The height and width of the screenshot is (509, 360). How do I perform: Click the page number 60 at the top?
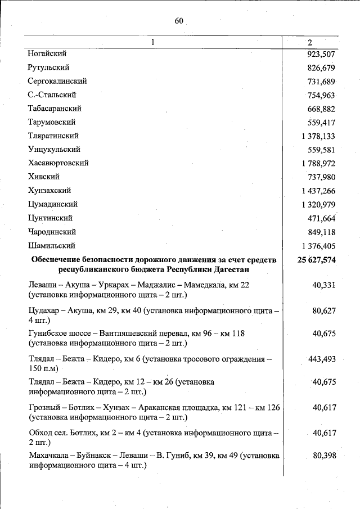point(179,21)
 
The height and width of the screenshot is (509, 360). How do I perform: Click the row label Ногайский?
point(47,54)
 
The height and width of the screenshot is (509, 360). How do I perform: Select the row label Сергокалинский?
point(57,81)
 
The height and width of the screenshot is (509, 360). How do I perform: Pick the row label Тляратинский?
point(53,136)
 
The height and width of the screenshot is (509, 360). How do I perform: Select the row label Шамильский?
point(51,246)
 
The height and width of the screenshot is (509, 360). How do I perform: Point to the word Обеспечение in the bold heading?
point(57,259)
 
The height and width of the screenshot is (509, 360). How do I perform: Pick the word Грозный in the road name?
point(44,407)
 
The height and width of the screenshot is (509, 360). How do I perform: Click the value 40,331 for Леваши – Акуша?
point(323,285)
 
